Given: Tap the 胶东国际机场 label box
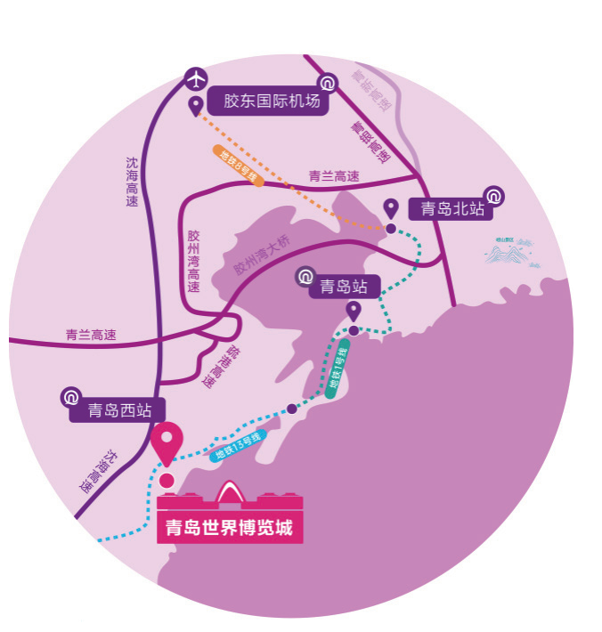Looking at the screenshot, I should [x=267, y=101].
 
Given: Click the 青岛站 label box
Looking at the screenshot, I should [x=344, y=287].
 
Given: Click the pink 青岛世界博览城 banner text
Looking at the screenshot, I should [x=230, y=528].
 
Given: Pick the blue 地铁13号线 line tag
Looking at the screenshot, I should [x=239, y=447].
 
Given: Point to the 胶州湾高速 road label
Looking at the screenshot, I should [x=193, y=262].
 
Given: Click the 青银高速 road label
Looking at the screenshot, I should [x=368, y=142].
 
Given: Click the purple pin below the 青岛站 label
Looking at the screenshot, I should [x=354, y=311].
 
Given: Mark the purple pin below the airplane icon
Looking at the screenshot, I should [x=195, y=107].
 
